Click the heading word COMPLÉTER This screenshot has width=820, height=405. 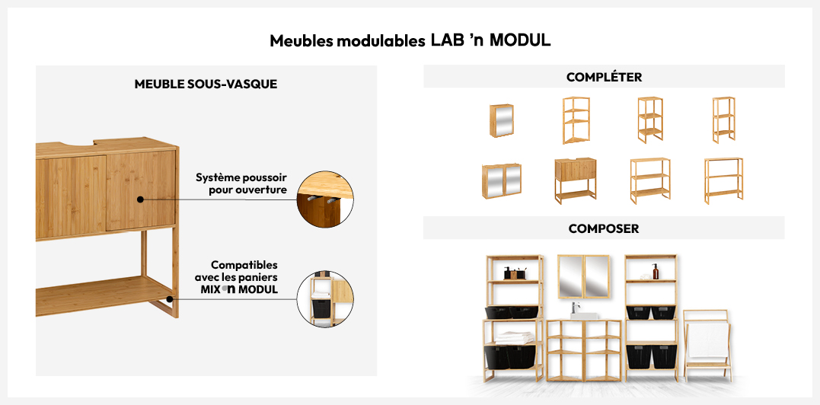[x=604, y=77]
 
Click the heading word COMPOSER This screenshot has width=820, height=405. [x=603, y=228]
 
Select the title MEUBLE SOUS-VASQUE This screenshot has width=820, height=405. [x=206, y=85]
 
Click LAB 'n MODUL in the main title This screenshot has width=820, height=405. [x=490, y=40]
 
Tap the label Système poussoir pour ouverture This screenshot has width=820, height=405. [x=241, y=183]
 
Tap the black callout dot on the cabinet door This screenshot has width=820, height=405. [x=141, y=199]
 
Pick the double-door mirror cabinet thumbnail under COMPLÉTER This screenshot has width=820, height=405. [x=501, y=180]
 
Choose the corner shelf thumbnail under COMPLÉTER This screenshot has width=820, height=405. [x=576, y=120]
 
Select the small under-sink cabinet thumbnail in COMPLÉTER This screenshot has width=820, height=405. [x=575, y=180]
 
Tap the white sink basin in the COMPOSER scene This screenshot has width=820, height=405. [x=585, y=313]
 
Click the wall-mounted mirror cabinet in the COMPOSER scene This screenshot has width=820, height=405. [x=582, y=276]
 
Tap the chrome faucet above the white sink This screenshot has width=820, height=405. [x=576, y=307]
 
